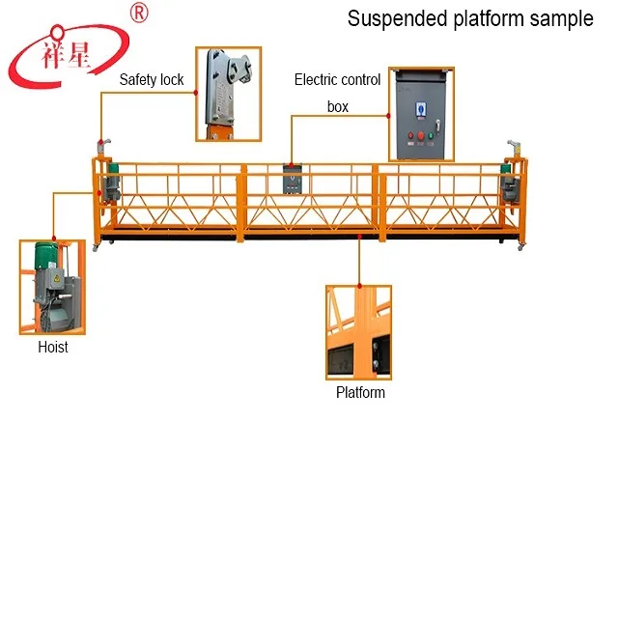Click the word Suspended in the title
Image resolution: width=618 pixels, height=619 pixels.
point(398,18)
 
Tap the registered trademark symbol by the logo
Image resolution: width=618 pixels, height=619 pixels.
point(139,13)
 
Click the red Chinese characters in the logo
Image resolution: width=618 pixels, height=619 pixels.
point(66,55)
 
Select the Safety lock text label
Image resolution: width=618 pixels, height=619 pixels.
point(152,80)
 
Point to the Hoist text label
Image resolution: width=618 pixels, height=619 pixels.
point(53,347)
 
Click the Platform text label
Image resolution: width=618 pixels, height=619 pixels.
point(360,392)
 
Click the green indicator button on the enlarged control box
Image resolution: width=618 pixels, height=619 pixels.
point(431,135)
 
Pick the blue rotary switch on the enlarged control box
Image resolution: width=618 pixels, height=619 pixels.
point(421,109)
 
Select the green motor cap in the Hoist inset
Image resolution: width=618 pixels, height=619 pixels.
point(46,255)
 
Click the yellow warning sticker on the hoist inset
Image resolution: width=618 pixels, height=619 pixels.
point(57,278)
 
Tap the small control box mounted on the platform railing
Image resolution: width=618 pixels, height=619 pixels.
point(293,180)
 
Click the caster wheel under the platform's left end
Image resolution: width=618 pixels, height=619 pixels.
point(95,248)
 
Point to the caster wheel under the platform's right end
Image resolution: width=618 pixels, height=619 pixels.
point(520,247)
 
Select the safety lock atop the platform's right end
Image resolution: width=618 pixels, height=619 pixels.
point(515,148)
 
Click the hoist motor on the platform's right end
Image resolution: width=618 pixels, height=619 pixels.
point(509,184)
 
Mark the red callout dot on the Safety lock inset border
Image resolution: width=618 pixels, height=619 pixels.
point(196,93)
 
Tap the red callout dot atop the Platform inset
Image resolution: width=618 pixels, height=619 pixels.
point(359,286)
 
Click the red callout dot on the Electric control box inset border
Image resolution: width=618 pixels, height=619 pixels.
point(388,116)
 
